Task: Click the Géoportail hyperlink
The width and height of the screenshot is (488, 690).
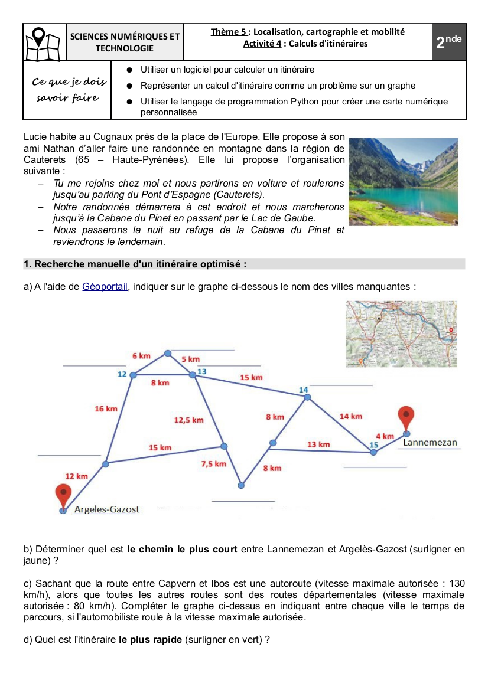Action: click(x=105, y=287)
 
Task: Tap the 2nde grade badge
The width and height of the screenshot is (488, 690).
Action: click(x=449, y=42)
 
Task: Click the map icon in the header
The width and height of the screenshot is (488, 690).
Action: click(x=44, y=42)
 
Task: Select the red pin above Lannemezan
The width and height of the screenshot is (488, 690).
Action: click(x=406, y=417)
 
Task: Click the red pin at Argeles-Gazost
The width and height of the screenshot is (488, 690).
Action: click(x=63, y=495)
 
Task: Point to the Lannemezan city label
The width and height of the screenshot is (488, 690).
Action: click(x=430, y=442)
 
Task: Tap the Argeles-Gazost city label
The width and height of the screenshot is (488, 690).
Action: click(x=106, y=509)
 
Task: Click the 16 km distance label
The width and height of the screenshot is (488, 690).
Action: click(x=106, y=408)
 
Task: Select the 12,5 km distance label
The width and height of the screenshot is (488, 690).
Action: click(x=188, y=420)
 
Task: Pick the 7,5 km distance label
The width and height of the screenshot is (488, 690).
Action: click(x=213, y=464)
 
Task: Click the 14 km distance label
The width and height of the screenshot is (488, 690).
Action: click(x=351, y=416)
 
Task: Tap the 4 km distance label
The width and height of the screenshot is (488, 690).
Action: click(x=385, y=436)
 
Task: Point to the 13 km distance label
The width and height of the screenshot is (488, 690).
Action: click(x=318, y=444)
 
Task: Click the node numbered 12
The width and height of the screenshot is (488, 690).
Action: click(x=134, y=375)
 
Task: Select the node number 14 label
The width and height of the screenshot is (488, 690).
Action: click(x=304, y=390)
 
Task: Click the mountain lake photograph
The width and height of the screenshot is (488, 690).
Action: click(x=404, y=182)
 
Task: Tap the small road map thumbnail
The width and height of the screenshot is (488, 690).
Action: click(x=402, y=334)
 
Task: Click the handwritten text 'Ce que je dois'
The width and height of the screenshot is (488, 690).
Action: click(x=69, y=81)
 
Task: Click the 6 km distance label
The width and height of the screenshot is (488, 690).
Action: click(x=141, y=356)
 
